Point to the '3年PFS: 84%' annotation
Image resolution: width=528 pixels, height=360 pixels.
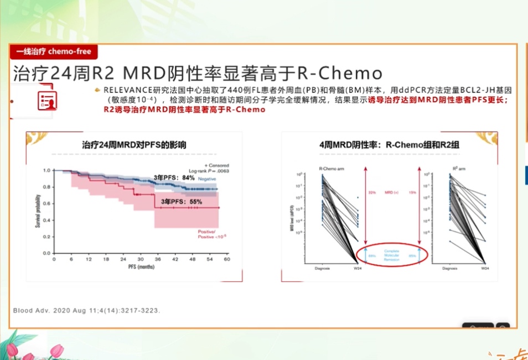point(174,178)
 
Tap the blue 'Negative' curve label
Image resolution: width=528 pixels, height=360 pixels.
point(207,180)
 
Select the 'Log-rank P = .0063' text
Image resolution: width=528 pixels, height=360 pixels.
point(209,171)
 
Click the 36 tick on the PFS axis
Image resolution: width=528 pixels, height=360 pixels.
point(158,259)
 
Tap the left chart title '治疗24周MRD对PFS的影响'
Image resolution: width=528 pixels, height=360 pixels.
point(134,145)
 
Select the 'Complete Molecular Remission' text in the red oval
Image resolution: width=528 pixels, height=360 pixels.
point(392,255)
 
